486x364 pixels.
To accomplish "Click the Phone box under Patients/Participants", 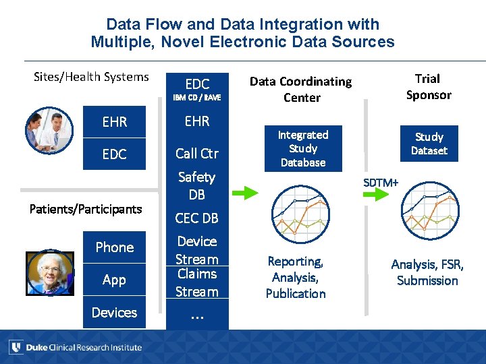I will click(114, 247).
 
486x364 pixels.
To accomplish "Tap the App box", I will click(114, 280).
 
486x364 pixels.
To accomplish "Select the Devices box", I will click(114, 312).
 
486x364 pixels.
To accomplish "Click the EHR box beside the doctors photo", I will click(114, 122).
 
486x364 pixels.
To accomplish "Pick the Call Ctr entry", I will click(197, 154).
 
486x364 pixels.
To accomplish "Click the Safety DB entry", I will click(196, 186).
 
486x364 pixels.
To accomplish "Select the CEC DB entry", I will click(196, 218).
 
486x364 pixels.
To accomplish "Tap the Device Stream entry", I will click(196, 250).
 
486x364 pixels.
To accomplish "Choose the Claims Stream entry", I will click(196, 282).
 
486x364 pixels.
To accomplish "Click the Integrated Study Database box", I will click(303, 149).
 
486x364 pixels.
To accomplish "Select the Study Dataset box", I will click(429, 144).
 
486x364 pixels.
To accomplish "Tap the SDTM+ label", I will click(381, 182).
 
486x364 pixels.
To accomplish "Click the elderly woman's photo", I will click(49, 273).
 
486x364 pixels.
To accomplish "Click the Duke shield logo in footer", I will click(16, 347).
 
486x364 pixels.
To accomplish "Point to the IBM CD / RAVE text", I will click(197, 98).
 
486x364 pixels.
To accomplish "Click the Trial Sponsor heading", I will click(428, 87).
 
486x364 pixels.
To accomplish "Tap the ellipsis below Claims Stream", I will click(196, 315).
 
